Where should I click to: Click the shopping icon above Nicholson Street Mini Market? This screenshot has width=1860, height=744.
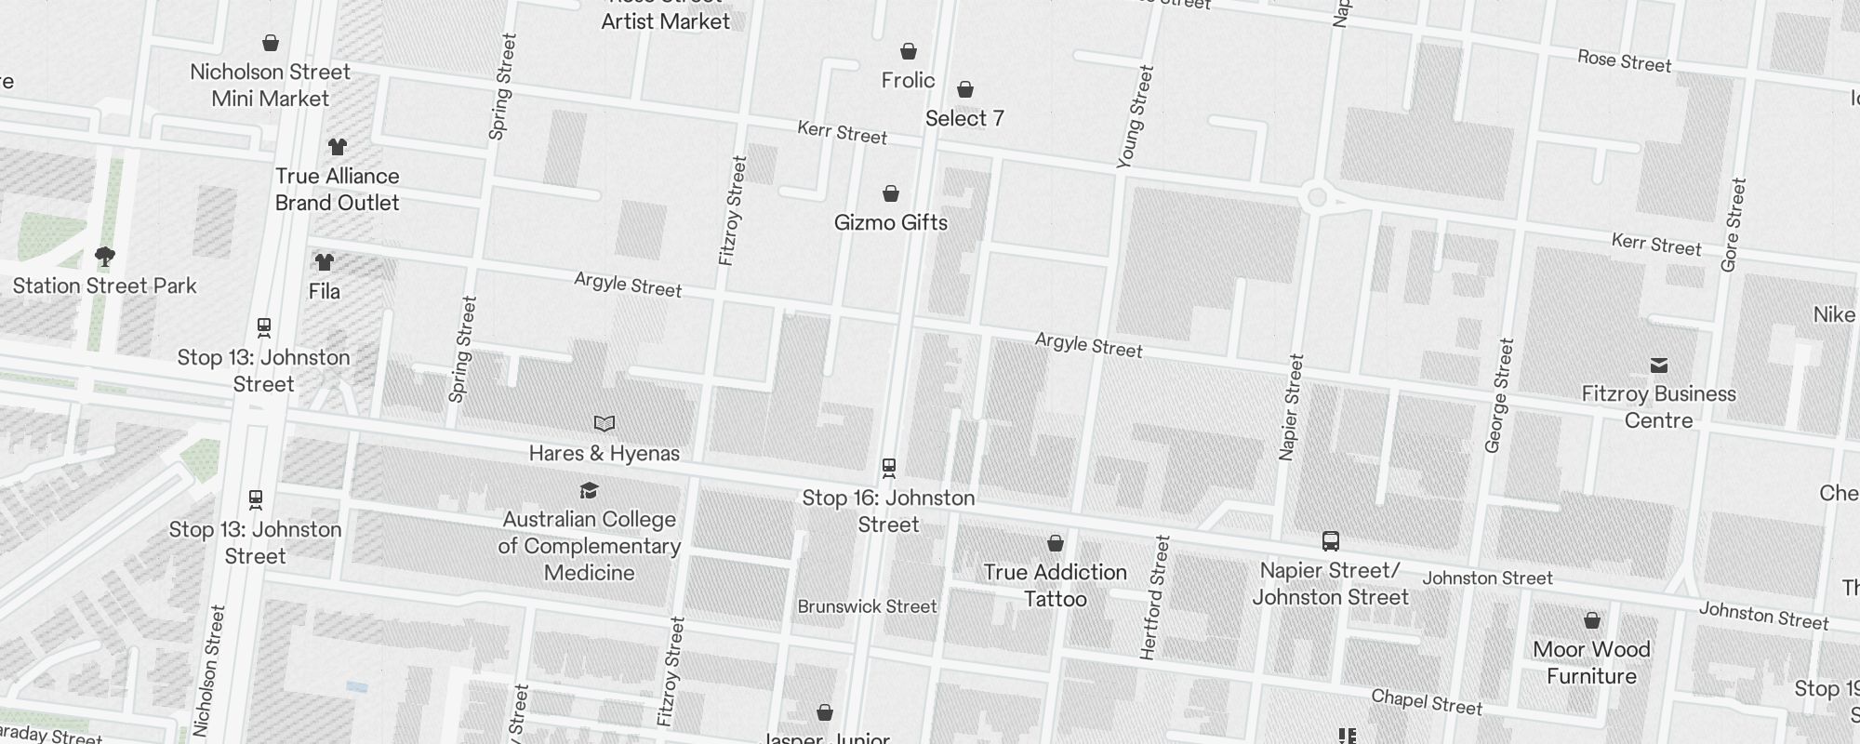[271, 43]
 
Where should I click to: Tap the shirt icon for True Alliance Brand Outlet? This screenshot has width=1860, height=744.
[337, 147]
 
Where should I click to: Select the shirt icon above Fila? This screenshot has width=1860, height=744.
[324, 262]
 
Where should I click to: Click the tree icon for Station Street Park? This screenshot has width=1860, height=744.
[105, 256]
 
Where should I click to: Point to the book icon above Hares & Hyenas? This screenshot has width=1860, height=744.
[604, 424]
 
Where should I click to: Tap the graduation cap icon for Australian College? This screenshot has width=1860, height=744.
[589, 490]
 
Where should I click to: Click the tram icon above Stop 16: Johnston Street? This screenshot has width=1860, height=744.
[888, 468]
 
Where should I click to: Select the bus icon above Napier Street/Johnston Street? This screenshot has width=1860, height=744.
[1331, 541]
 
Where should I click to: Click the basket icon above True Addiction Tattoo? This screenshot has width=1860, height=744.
[1056, 543]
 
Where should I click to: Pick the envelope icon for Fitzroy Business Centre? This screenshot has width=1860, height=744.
[1659, 365]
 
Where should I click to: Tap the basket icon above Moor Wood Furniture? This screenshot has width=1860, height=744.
[1592, 620]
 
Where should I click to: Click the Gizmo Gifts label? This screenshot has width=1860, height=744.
[891, 222]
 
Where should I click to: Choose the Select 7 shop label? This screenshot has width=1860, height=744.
[964, 118]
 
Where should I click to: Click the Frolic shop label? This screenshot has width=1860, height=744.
[908, 80]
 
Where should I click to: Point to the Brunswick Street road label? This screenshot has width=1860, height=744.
[867, 606]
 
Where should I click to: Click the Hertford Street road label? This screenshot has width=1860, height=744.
[1153, 597]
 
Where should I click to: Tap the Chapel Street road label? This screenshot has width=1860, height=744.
[1427, 702]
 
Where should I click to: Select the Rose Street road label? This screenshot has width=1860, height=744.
[1624, 61]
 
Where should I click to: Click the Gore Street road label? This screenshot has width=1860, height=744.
[1734, 225]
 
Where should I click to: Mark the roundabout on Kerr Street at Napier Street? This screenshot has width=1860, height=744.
[1316, 197]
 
